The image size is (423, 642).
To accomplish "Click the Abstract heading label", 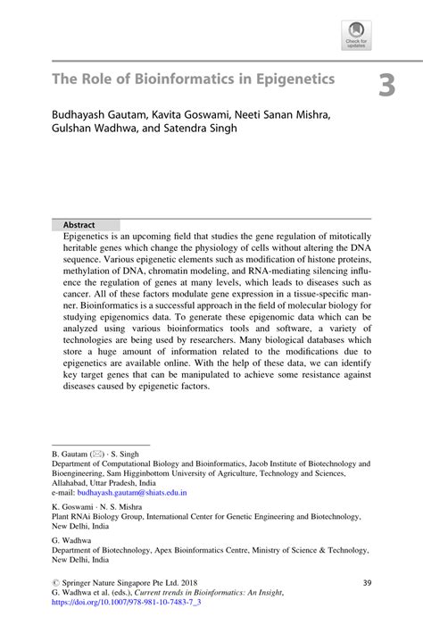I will (x=79, y=225).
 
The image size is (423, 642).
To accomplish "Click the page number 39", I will (x=366, y=583).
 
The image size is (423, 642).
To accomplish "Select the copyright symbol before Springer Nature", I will (x=55, y=583).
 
